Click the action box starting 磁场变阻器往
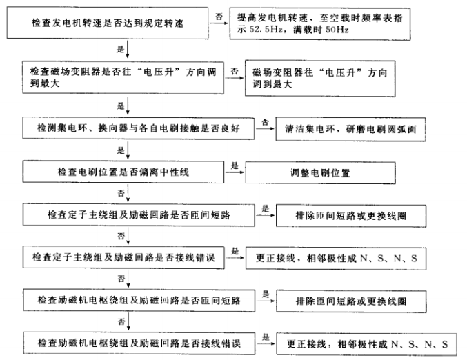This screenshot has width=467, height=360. [330, 79]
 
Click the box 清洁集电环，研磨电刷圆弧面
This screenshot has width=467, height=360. [350, 128]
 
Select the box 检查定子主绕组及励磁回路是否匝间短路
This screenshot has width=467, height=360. [138, 214]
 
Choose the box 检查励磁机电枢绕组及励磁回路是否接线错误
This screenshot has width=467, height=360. [138, 342]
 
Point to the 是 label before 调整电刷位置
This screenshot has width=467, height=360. [234, 166]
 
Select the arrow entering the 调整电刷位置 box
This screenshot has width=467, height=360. [238, 172]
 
